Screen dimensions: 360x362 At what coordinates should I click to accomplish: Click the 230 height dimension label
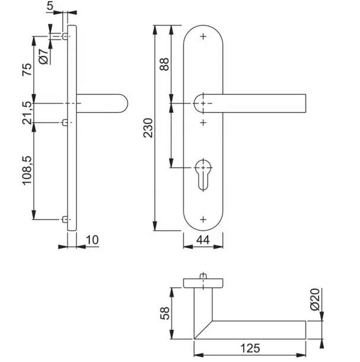(x=148, y=128)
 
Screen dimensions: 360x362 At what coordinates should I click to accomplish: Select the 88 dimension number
(x=164, y=64)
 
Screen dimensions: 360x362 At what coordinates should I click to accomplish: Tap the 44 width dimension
(x=203, y=240)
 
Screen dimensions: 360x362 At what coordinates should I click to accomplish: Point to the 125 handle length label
(x=250, y=348)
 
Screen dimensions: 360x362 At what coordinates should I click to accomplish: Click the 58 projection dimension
(x=165, y=313)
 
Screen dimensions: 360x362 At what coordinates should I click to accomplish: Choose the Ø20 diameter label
(x=315, y=300)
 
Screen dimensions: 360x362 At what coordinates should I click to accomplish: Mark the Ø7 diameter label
(x=44, y=56)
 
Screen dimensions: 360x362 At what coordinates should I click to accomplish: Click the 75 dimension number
(x=27, y=69)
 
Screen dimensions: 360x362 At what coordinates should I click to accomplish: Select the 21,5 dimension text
(x=27, y=113)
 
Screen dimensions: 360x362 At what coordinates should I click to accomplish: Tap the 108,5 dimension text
(x=27, y=170)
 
